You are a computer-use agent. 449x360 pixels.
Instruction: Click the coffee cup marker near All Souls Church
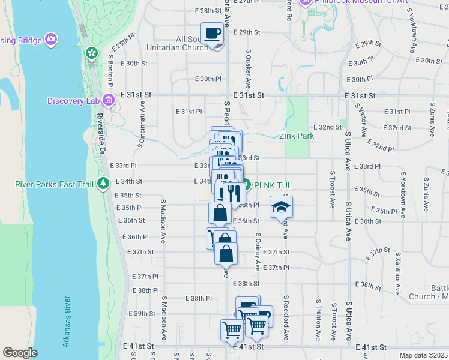(x=212, y=34)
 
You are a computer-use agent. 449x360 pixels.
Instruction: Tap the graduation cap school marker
(x=280, y=206)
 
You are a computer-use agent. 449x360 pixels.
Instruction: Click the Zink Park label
(x=297, y=136)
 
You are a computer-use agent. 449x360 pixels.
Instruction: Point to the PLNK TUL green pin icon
(x=246, y=185)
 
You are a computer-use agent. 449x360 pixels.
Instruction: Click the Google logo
(x=20, y=352)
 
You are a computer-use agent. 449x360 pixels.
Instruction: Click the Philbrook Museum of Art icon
(x=304, y=2)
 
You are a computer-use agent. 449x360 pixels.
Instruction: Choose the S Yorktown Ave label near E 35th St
(x=403, y=191)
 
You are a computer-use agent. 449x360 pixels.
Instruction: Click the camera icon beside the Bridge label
(x=52, y=39)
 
